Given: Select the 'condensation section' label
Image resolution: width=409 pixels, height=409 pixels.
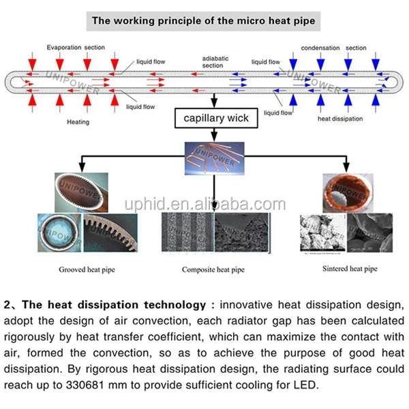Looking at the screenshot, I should click(334, 48).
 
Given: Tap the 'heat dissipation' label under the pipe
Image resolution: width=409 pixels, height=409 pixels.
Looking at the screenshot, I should click(341, 119).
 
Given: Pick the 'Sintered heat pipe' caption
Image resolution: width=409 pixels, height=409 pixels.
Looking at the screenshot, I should click(349, 269).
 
